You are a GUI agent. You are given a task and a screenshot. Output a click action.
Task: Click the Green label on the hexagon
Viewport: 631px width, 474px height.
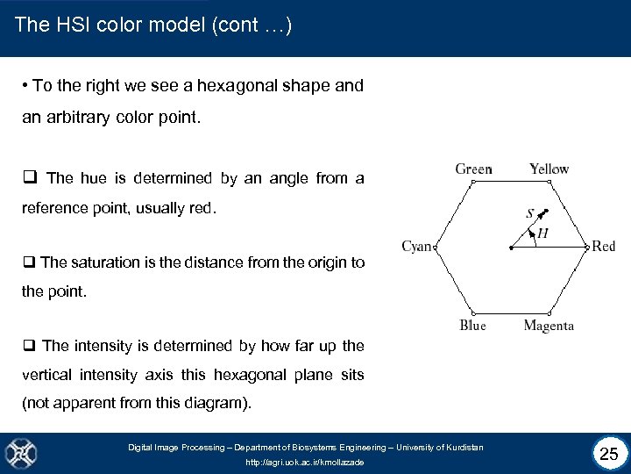473,169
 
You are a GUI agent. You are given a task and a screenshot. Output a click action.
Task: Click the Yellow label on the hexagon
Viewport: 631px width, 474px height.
549,169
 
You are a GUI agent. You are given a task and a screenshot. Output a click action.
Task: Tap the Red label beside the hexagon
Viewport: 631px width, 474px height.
603,247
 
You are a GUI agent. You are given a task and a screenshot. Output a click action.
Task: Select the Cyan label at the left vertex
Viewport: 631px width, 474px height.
416,247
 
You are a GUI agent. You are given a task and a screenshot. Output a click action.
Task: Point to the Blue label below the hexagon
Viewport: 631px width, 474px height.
472,326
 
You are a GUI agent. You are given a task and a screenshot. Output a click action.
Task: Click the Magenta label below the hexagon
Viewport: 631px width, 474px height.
549,326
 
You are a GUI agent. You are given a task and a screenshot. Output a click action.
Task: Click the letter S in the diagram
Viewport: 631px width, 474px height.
530,213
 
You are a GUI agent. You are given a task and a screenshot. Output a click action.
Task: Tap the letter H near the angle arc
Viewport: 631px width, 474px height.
542,233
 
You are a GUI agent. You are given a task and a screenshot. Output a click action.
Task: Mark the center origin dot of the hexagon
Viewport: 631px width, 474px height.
511,248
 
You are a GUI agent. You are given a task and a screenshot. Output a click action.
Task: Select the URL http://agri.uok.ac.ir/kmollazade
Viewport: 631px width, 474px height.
304,463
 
